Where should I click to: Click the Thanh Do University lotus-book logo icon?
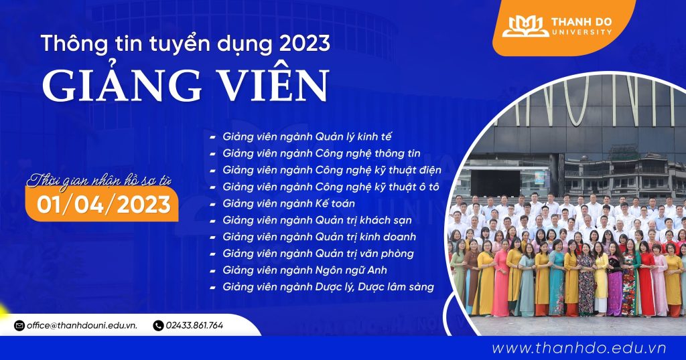525,26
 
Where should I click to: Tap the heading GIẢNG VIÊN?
185,85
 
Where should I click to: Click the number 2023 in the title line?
305,43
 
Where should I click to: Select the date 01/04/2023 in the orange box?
104,205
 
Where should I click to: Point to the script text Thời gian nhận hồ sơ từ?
99,181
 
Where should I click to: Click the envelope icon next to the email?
19,325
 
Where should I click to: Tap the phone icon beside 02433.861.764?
158,325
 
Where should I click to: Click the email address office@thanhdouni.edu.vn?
82,325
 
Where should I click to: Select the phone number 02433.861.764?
194,325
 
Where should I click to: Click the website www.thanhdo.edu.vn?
579,348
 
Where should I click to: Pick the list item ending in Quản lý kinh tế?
307,137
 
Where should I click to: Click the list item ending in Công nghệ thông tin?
322,153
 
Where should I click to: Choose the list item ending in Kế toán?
289,203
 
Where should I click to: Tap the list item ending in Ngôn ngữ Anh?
305,270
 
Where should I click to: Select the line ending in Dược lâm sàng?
328,287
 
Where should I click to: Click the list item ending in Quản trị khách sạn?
317,220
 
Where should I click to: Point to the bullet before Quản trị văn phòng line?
212,254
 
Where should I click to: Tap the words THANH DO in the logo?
581,22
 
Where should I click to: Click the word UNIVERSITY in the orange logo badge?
582,32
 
